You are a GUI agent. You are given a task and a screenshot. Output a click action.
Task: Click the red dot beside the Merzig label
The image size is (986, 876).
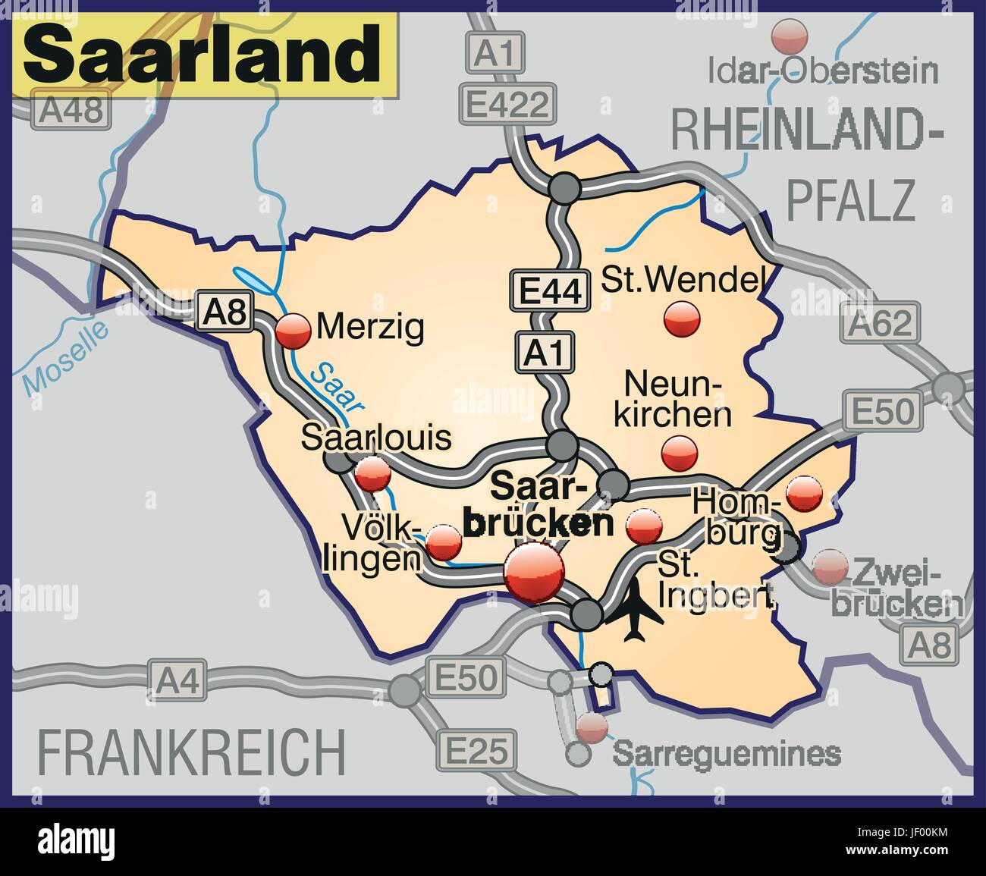click(294, 331)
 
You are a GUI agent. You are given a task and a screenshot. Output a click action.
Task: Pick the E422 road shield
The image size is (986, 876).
click(507, 105)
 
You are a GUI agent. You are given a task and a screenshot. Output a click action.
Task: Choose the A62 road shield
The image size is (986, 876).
click(880, 324)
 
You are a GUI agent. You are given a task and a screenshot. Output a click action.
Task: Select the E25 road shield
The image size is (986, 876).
click(474, 752)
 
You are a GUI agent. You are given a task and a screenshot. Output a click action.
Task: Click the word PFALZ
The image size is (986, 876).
click(849, 199)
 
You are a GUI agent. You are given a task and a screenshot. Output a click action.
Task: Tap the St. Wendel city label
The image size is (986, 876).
click(680, 280)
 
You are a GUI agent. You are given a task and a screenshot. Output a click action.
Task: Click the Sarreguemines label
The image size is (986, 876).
click(727, 754)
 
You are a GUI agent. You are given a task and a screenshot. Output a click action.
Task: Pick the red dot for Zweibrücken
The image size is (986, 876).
click(830, 567)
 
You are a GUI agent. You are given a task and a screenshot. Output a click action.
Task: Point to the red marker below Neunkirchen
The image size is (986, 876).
click(679, 453)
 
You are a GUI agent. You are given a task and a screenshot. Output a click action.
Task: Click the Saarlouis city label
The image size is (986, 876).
click(377, 438)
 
